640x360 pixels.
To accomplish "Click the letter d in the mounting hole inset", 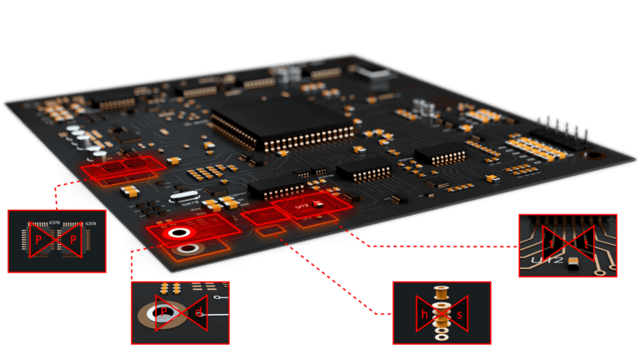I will pos(198,312).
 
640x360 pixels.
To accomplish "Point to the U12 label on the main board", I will pos(302,204).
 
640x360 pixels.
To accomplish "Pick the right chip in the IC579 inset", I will pos(72,239).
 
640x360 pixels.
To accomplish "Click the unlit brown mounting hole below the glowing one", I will pos(188,248).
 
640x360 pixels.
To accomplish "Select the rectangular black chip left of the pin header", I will pos(439,152).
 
